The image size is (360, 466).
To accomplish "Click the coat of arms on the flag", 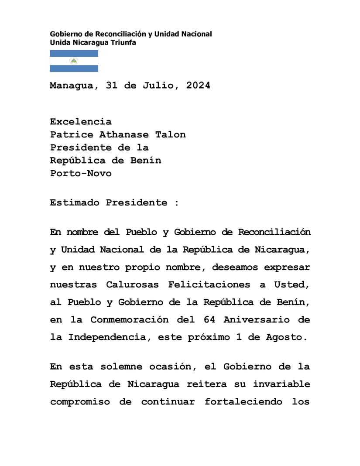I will [74, 61].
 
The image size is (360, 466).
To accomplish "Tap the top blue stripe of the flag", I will [74, 53].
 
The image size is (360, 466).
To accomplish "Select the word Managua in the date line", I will [71, 86].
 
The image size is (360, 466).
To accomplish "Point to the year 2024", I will [198, 86].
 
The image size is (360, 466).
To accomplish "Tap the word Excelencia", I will [81, 121].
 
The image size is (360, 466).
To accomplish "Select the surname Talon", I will [171, 134].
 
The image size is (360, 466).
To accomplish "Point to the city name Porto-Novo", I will [81, 173].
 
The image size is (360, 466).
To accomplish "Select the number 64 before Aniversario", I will [209, 319].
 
